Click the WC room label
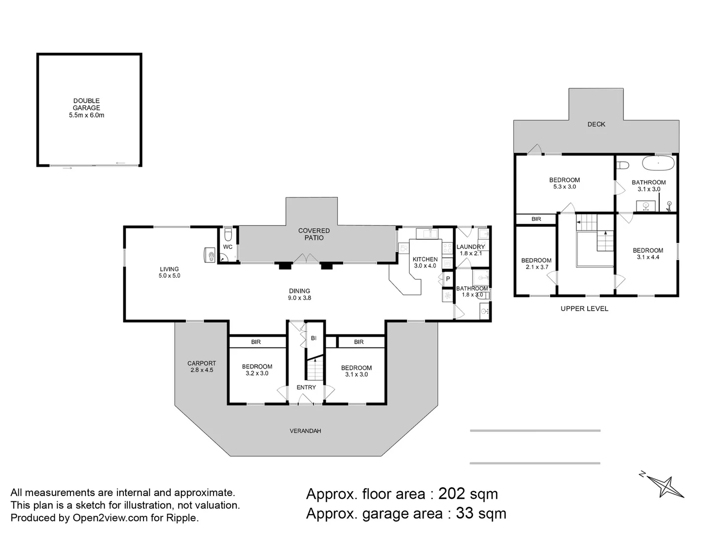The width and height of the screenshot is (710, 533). pyautogui.click(x=227, y=247)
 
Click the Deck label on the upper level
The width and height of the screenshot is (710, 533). pyautogui.click(x=596, y=124)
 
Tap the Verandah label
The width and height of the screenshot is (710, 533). pyautogui.click(x=305, y=431)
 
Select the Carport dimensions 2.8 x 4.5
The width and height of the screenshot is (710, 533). pyautogui.click(x=202, y=370)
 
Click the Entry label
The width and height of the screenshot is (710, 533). pyautogui.click(x=306, y=387)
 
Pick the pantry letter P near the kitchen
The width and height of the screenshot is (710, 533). pyautogui.click(x=448, y=279)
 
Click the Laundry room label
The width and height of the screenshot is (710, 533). pyautogui.click(x=470, y=247)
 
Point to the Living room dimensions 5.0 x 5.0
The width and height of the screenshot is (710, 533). pyautogui.click(x=169, y=276)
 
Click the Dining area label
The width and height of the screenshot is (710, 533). pyautogui.click(x=299, y=291)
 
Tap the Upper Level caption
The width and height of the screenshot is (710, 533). pyautogui.click(x=584, y=308)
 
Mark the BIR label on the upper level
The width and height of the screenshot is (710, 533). pyautogui.click(x=536, y=219)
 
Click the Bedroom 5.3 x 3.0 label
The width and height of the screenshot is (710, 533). pyautogui.click(x=565, y=180)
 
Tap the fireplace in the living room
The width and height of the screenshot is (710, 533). pyautogui.click(x=209, y=255)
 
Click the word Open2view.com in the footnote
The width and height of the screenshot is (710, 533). pyautogui.click(x=109, y=518)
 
